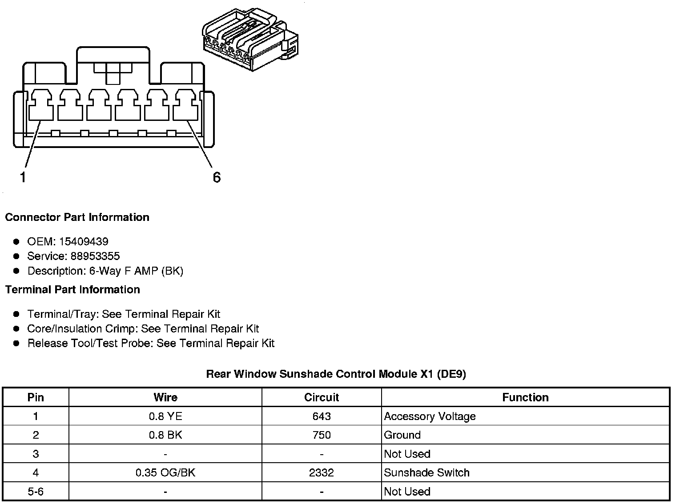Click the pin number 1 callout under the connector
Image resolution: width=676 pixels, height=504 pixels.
tap(23, 177)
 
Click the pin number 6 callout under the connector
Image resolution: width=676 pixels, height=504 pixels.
tap(217, 177)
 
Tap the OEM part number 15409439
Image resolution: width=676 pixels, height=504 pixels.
tap(83, 241)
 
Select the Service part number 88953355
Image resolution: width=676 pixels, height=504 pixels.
tap(95, 256)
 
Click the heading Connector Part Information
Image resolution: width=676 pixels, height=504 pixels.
tap(77, 217)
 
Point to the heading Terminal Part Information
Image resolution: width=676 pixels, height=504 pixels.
tap(72, 290)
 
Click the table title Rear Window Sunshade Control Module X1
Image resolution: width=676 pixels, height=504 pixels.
tap(336, 374)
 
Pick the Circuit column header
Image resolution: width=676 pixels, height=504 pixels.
tap(321, 397)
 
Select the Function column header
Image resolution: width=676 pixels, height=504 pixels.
tap(525, 397)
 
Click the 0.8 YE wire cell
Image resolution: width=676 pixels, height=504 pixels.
tap(165, 416)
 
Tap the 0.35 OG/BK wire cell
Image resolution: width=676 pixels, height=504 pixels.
tap(165, 472)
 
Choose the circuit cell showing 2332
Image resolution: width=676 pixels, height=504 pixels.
tap(321, 472)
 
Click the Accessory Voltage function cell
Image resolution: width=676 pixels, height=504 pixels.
tap(430, 416)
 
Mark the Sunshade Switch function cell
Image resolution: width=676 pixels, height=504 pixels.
tap(427, 472)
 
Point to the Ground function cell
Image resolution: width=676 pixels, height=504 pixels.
tap(402, 435)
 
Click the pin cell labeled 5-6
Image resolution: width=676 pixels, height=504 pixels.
tap(36, 492)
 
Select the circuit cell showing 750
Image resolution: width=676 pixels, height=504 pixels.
tap(321, 435)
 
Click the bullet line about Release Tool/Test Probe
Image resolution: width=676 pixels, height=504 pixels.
tap(151, 343)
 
